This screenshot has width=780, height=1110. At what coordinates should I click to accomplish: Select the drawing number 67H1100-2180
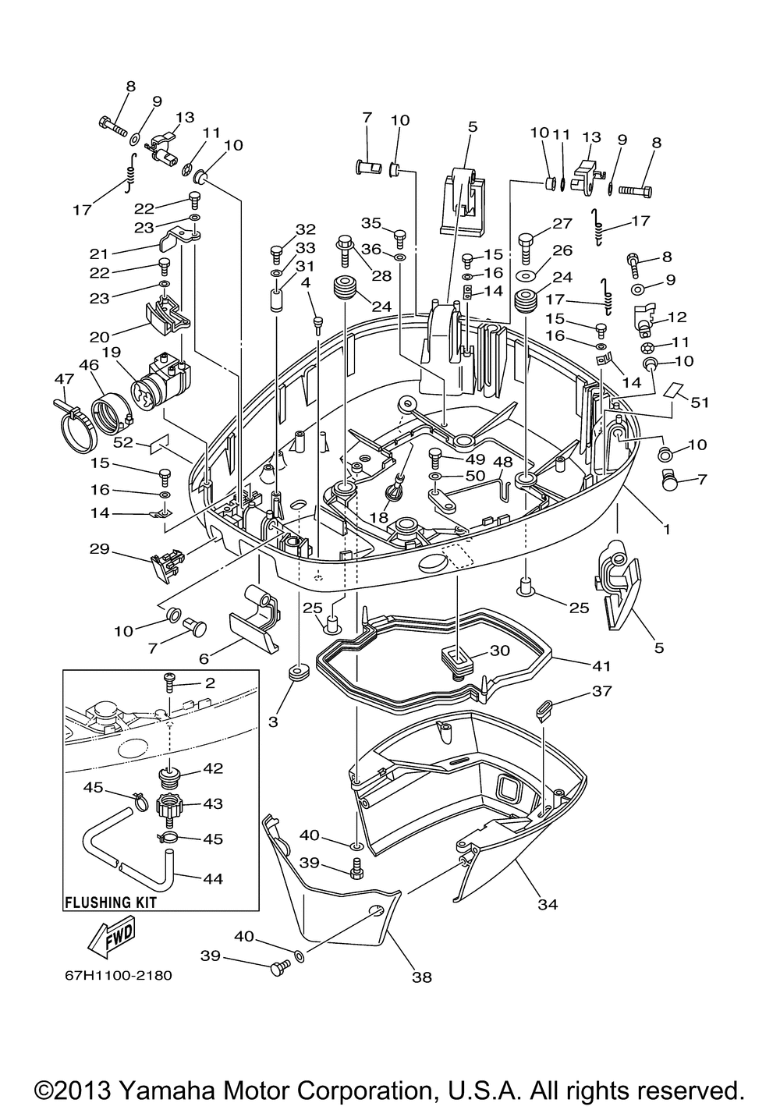[119, 975]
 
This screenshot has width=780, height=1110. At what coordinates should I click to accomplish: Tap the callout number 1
[667, 529]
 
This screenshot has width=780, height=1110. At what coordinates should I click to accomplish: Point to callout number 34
[548, 904]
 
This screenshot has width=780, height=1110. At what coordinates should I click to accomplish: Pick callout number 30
[499, 650]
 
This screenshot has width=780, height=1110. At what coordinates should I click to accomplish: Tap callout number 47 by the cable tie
[64, 378]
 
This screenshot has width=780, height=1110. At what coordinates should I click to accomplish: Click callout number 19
[112, 353]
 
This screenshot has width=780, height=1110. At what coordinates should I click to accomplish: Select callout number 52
[124, 442]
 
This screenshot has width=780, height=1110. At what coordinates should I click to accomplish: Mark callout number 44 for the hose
[213, 878]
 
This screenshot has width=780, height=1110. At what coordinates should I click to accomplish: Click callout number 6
[204, 658]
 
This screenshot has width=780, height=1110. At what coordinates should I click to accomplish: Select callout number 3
[273, 722]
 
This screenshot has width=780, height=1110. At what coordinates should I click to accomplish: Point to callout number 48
[502, 461]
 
